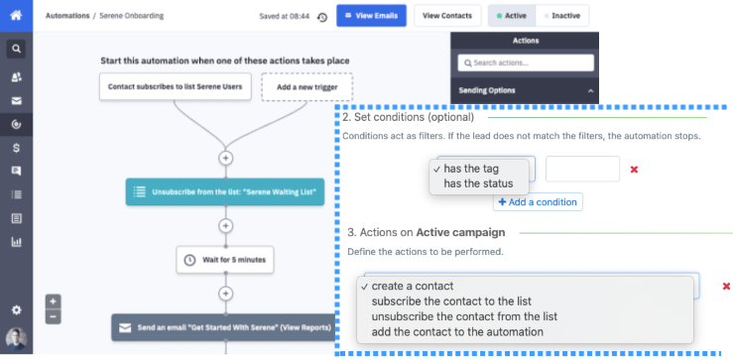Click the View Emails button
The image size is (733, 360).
[371, 16]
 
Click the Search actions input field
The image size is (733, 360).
[526, 63]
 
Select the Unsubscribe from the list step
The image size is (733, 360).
[225, 191]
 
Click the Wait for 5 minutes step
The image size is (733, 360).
[225, 261]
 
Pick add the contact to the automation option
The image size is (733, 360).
[457, 331]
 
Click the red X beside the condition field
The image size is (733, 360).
[634, 170]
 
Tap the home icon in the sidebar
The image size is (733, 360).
[16, 15]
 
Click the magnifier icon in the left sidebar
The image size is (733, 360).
[16, 48]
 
